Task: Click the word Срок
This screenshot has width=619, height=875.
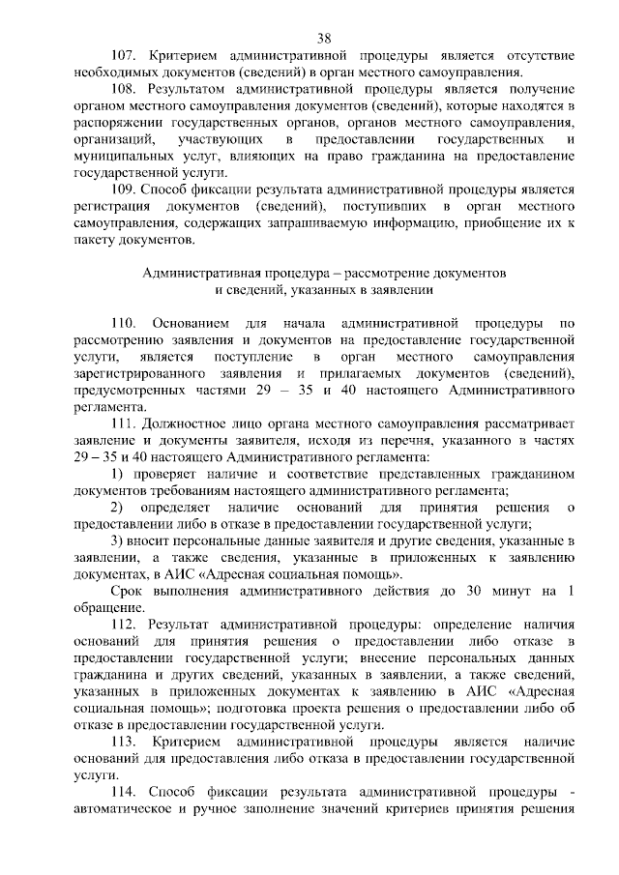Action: click(126, 592)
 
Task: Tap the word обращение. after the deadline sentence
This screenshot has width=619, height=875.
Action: click(108, 608)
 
